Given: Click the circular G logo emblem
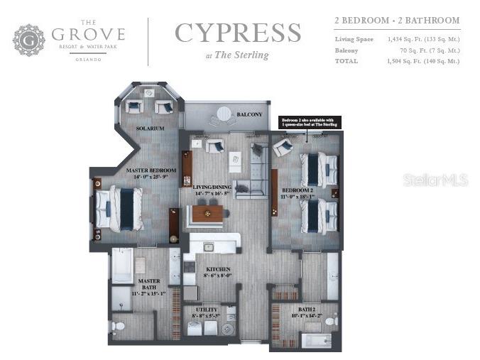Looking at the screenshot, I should point(29,40).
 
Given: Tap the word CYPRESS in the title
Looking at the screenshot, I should point(238,33).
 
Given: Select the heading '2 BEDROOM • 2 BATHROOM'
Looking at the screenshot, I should point(397,21).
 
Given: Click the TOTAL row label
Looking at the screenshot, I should point(346,61).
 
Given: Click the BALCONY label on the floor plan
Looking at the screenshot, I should point(249,114).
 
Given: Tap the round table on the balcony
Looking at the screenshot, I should point(224,112).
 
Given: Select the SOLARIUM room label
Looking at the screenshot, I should point(151,129).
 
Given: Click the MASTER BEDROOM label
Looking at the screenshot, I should point(151,171).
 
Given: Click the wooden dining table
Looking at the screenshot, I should point(208,212).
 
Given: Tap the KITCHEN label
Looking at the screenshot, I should point(217,270).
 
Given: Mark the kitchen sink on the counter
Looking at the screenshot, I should point(208,247).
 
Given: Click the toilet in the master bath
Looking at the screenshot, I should point(119,327).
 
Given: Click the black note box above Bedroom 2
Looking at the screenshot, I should point(310,123).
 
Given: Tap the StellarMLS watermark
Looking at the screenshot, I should point(435,180).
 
